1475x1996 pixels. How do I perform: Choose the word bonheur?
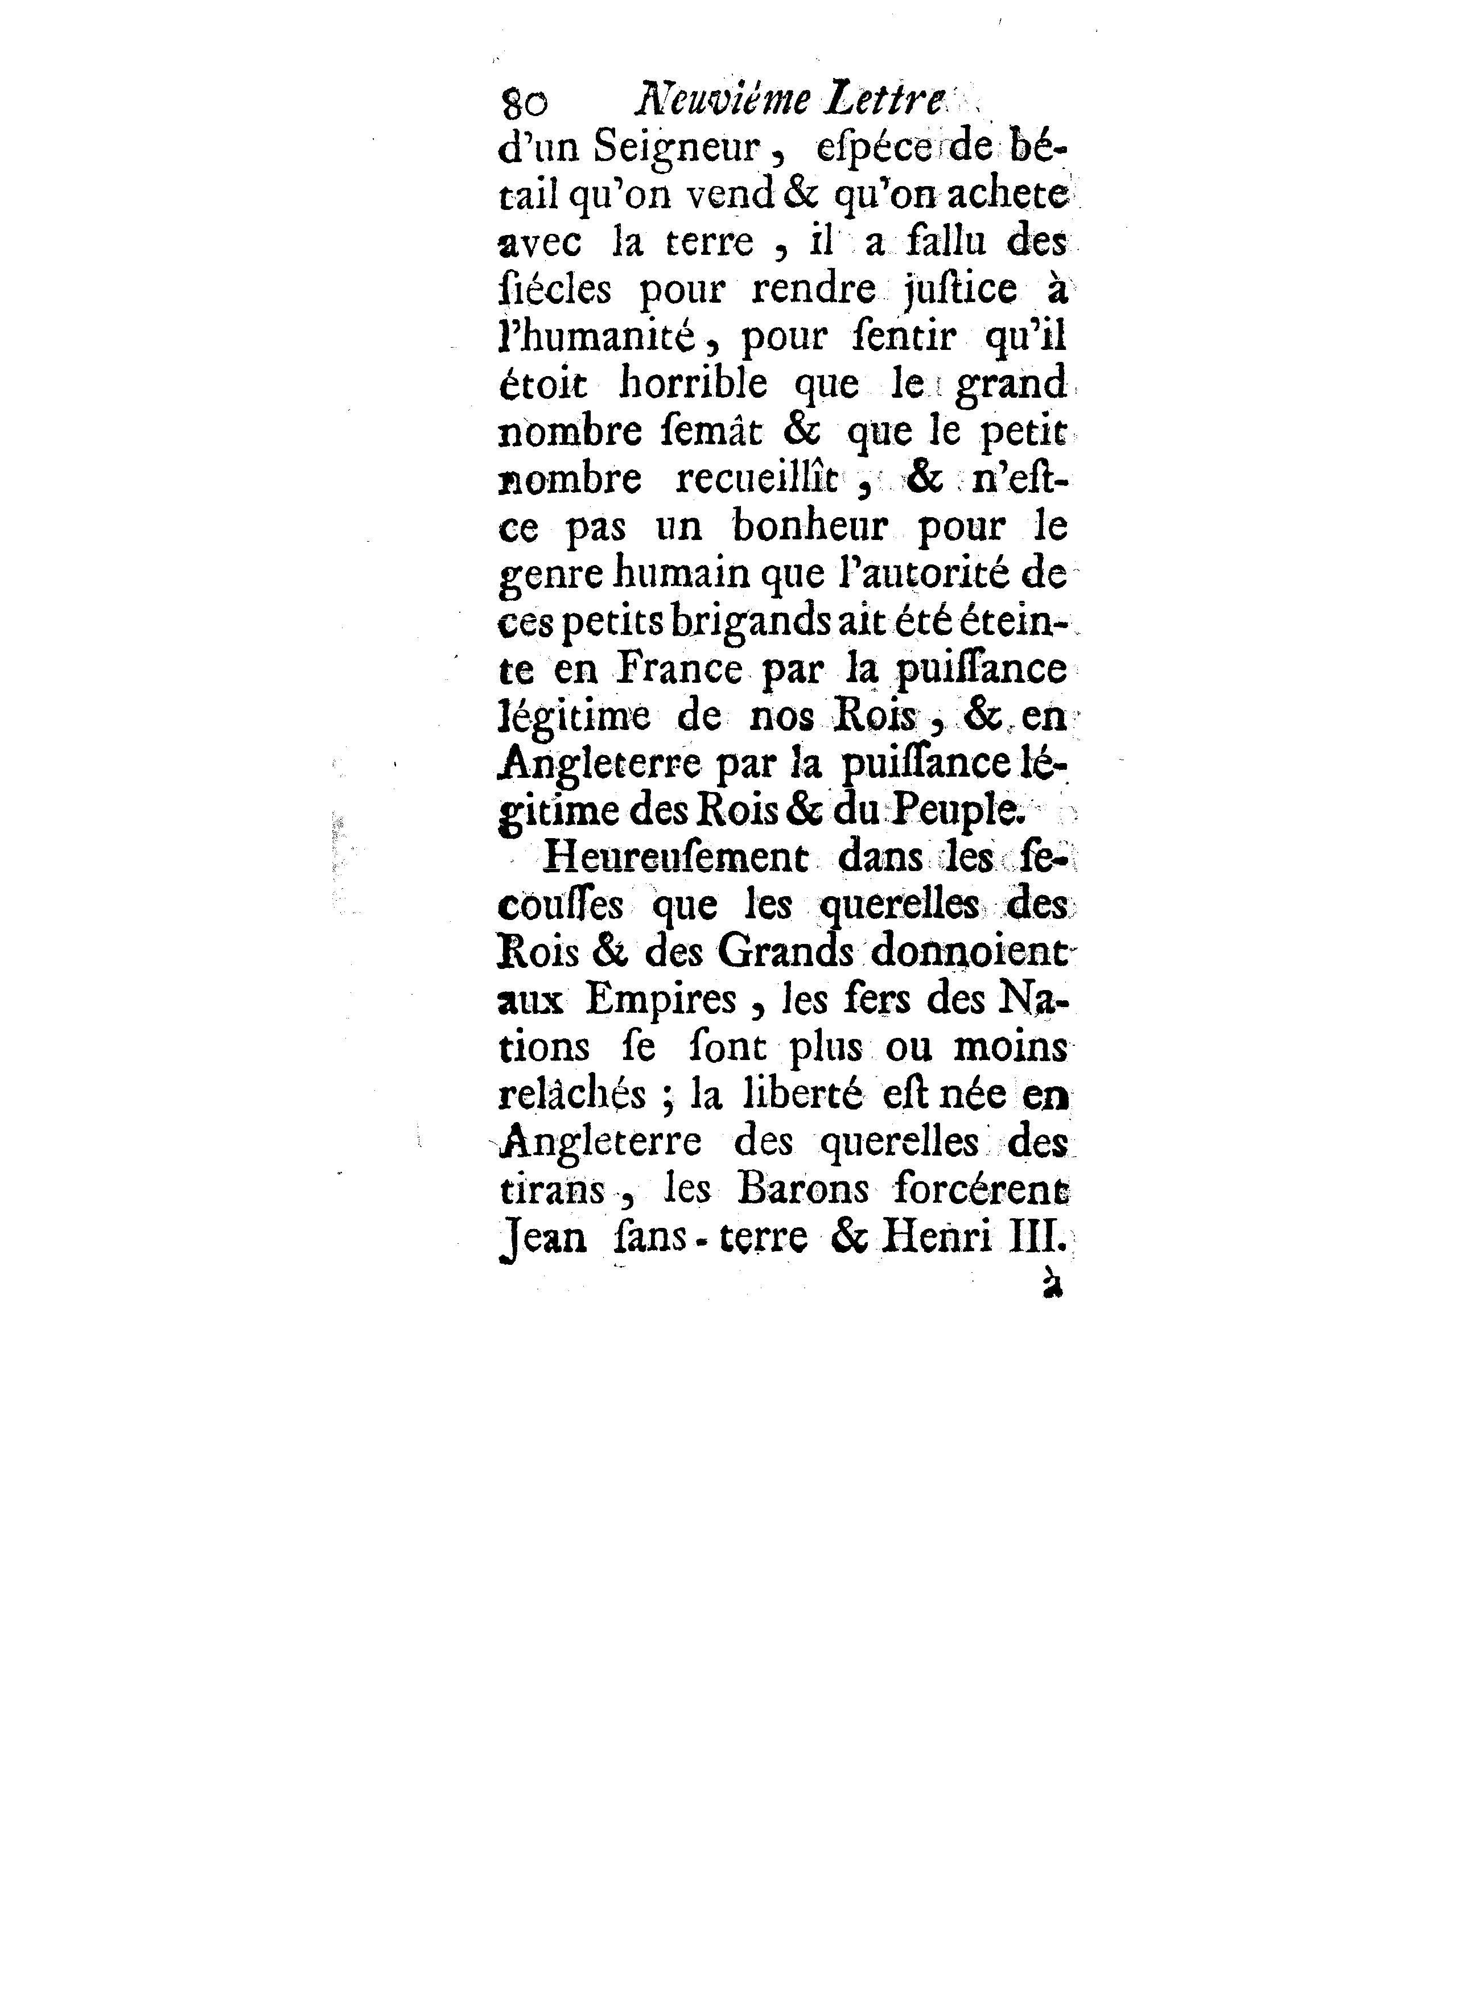point(809,526)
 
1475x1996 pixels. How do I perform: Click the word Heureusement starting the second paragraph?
point(674,858)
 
